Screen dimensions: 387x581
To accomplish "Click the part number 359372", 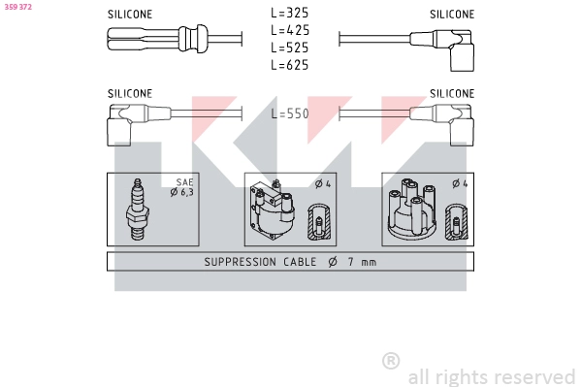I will (17, 7).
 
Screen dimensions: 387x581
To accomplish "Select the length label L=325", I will (289, 15).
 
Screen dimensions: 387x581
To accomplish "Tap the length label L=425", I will (289, 31).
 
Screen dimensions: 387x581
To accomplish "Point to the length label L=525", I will (289, 48).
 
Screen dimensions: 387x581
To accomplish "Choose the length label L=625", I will (289, 65).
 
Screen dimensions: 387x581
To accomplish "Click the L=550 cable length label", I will (289, 113).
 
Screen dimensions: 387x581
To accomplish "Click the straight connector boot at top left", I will (155, 40).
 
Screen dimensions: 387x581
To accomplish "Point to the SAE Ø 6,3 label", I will (182, 187).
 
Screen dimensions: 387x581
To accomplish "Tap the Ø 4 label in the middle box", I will (323, 183).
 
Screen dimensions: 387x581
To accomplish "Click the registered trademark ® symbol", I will (391, 361).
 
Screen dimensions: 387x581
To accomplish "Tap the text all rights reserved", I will (491, 376).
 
